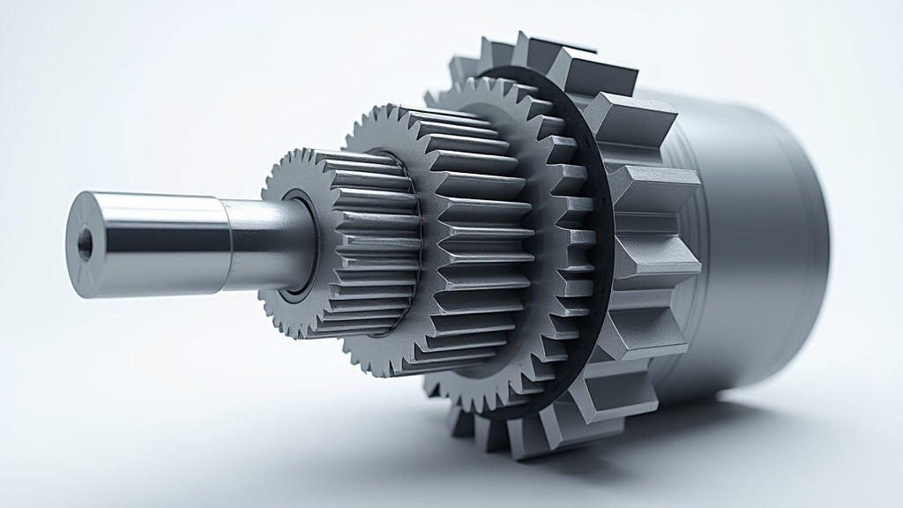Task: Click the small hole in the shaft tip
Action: pos(84,242)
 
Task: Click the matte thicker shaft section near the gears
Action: pos(260,243)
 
